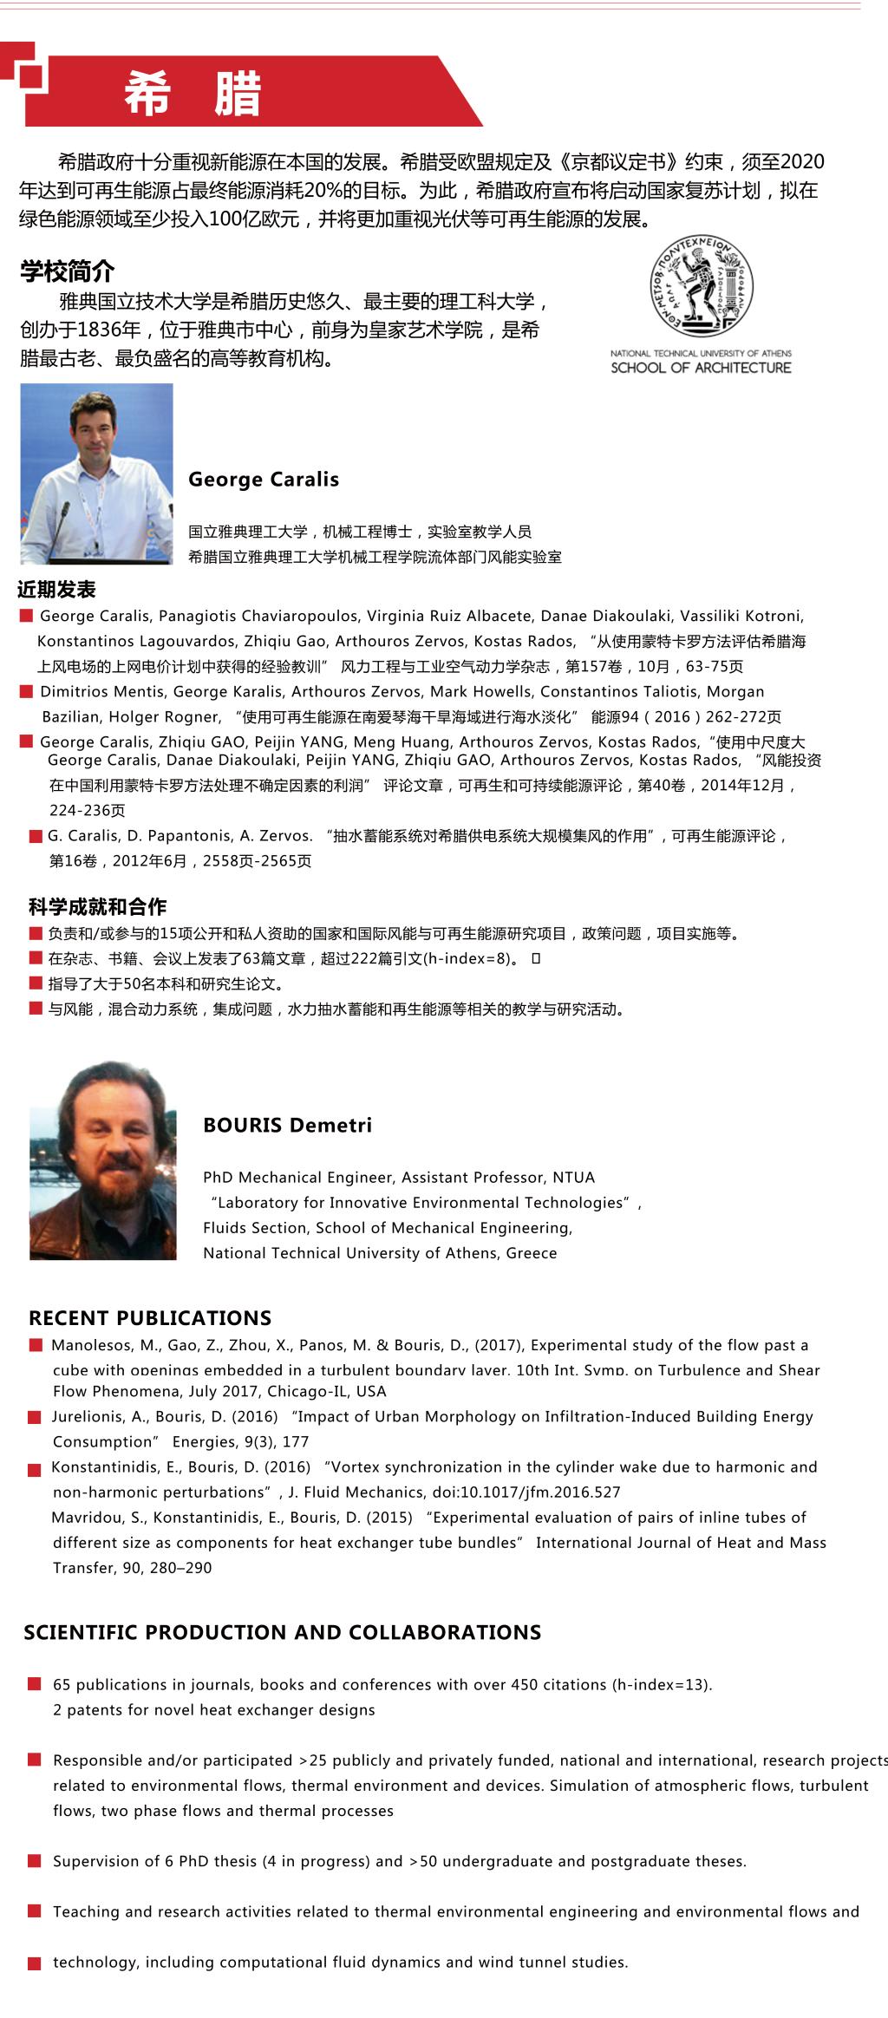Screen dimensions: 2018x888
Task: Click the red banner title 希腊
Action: tap(193, 94)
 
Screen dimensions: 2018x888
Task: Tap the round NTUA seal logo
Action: tap(702, 287)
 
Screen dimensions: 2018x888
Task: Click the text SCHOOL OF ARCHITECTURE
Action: tap(701, 368)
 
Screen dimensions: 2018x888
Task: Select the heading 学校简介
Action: tap(68, 271)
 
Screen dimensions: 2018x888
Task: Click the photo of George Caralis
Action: tap(96, 473)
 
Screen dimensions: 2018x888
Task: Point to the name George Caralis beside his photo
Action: tap(264, 480)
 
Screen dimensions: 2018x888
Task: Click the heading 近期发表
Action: tap(56, 591)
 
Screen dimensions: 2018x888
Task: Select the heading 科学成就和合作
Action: tap(97, 907)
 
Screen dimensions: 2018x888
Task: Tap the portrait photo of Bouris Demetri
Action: tap(102, 1159)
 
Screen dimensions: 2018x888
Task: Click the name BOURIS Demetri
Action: tap(287, 1125)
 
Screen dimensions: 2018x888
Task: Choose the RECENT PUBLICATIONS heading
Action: tap(150, 1318)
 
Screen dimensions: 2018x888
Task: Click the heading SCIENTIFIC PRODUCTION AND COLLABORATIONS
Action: tap(283, 1632)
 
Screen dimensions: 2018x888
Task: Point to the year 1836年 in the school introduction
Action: tap(108, 330)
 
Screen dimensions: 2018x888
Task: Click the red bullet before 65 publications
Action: tap(35, 1684)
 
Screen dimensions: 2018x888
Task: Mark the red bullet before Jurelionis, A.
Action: tap(35, 1417)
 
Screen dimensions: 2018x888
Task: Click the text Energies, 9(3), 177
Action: tap(240, 1441)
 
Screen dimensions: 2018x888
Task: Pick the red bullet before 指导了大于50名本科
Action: tap(35, 983)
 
